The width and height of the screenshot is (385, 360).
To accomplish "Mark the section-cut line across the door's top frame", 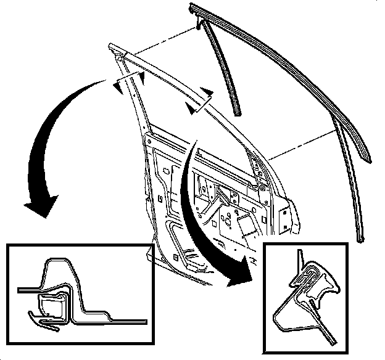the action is point(199,101).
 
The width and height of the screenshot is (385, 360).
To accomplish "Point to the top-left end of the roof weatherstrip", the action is point(192,6).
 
